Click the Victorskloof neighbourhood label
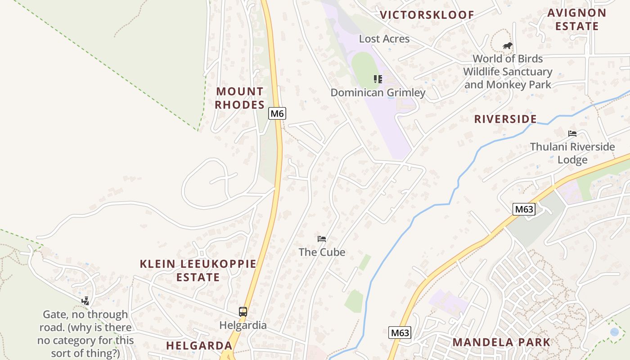[427, 15]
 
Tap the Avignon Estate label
[576, 19]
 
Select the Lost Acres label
[384, 39]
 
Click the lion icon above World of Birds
[508, 45]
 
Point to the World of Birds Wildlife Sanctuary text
[508, 72]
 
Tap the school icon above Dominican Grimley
[378, 79]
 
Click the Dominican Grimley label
[378, 93]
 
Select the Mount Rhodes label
[239, 98]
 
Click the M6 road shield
[277, 113]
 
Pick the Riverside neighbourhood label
[505, 119]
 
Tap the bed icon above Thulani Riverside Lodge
[572, 134]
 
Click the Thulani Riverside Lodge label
[572, 153]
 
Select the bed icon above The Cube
[321, 239]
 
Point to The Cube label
[322, 252]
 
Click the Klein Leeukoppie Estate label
[198, 270]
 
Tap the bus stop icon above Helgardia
[243, 311]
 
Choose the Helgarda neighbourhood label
[199, 346]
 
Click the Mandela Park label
[501, 342]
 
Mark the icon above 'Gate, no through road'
[85, 301]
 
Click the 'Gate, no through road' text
[85, 333]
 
